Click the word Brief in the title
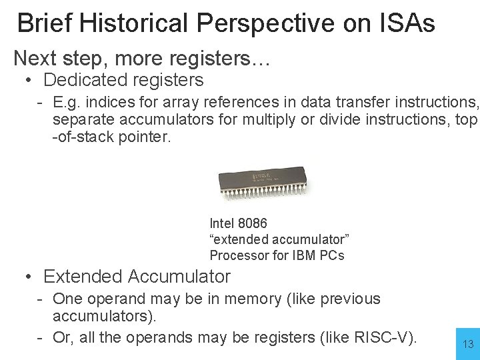click(x=44, y=23)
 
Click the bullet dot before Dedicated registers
click(x=29, y=81)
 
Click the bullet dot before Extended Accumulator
click(x=29, y=277)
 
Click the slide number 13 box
click(x=468, y=343)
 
